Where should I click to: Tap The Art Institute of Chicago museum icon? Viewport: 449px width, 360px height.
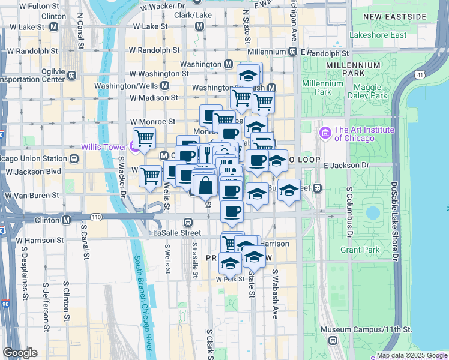tap(326, 132)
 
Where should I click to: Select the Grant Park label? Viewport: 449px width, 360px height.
tap(360, 249)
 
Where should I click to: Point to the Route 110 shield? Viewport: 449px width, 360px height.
tap(95, 216)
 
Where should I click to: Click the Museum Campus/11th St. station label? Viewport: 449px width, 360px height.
tap(366, 329)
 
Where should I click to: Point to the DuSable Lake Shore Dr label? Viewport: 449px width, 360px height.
tap(395, 221)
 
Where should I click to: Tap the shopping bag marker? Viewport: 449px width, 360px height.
tap(205, 185)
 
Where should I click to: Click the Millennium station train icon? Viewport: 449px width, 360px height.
tap(292, 52)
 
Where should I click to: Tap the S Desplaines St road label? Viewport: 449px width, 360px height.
tap(25, 272)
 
